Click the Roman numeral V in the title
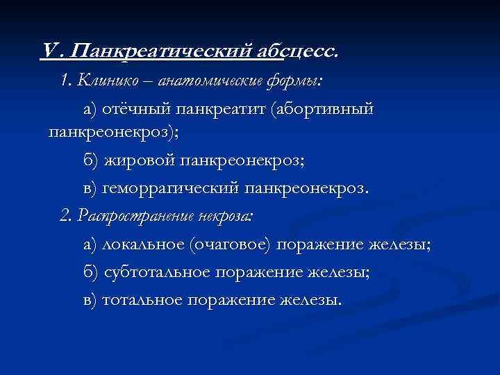pyautogui.click(x=49, y=51)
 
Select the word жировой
pyautogui.click(x=140, y=161)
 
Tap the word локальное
pyautogui.click(x=143, y=244)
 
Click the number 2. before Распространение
pyautogui.click(x=67, y=216)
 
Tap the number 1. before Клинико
pyautogui.click(x=67, y=81)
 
